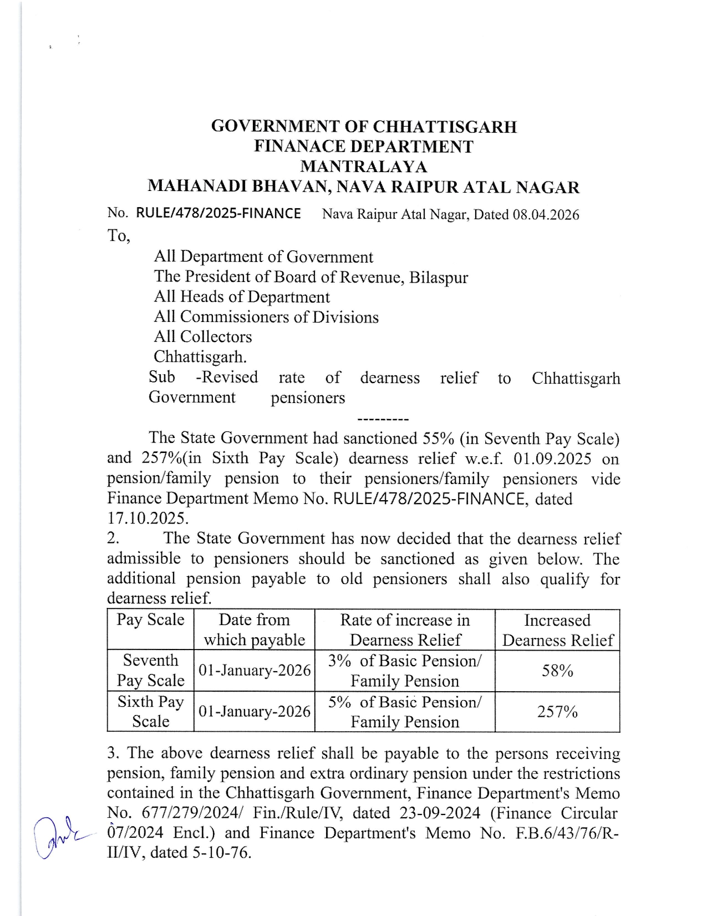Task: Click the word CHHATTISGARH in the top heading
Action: (445, 127)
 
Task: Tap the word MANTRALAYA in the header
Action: (363, 167)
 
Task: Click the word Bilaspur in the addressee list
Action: (439, 277)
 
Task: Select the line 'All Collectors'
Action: (203, 336)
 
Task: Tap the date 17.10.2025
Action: (147, 519)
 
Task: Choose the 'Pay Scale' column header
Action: (150, 620)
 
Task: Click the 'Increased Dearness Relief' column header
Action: (557, 630)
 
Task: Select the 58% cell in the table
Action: (557, 671)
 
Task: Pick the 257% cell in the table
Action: (557, 712)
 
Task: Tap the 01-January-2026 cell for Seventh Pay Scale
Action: (255, 671)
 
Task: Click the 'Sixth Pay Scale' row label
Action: (150, 712)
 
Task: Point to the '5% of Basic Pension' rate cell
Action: (405, 703)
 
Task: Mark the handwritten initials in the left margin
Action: (55, 837)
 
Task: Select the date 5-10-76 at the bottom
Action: (222, 853)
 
